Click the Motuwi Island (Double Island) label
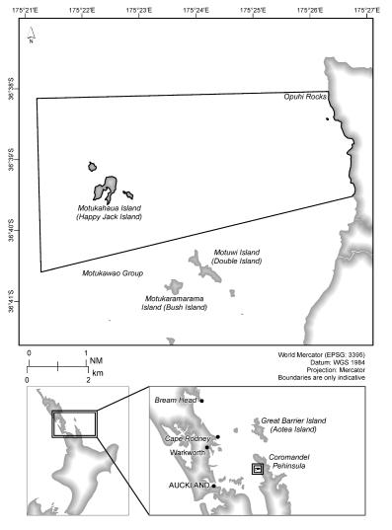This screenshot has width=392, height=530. click(x=238, y=257)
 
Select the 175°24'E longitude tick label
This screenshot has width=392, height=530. click(x=196, y=10)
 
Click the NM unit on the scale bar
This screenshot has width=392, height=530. click(x=96, y=361)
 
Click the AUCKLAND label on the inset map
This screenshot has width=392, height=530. click(x=189, y=486)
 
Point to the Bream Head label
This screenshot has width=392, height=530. click(x=177, y=401)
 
